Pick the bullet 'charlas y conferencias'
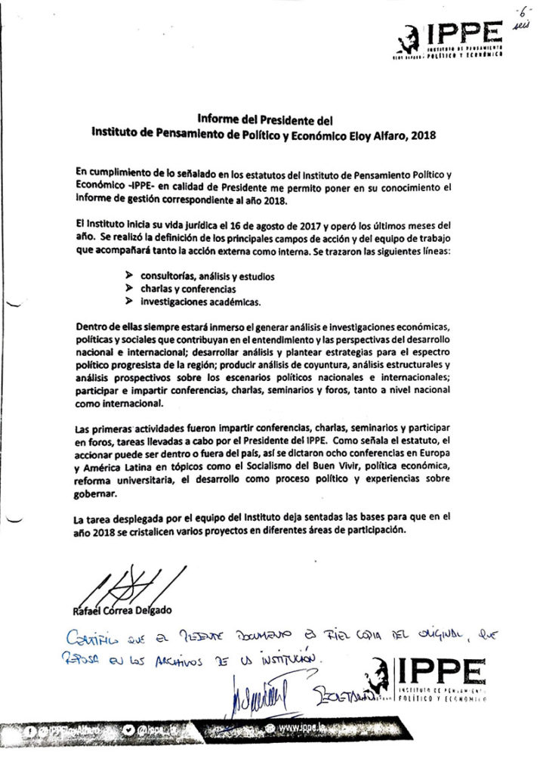[x=188, y=289]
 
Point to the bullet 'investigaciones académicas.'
[x=200, y=302]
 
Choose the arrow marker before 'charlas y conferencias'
[x=128, y=289]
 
